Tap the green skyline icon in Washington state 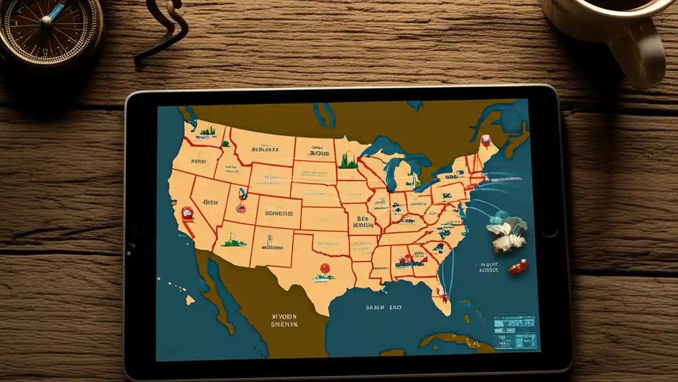[x=207, y=131]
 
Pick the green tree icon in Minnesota [x=348, y=161]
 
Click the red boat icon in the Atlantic [x=518, y=266]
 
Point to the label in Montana [x=264, y=149]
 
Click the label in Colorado [x=279, y=213]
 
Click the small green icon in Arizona [x=234, y=242]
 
